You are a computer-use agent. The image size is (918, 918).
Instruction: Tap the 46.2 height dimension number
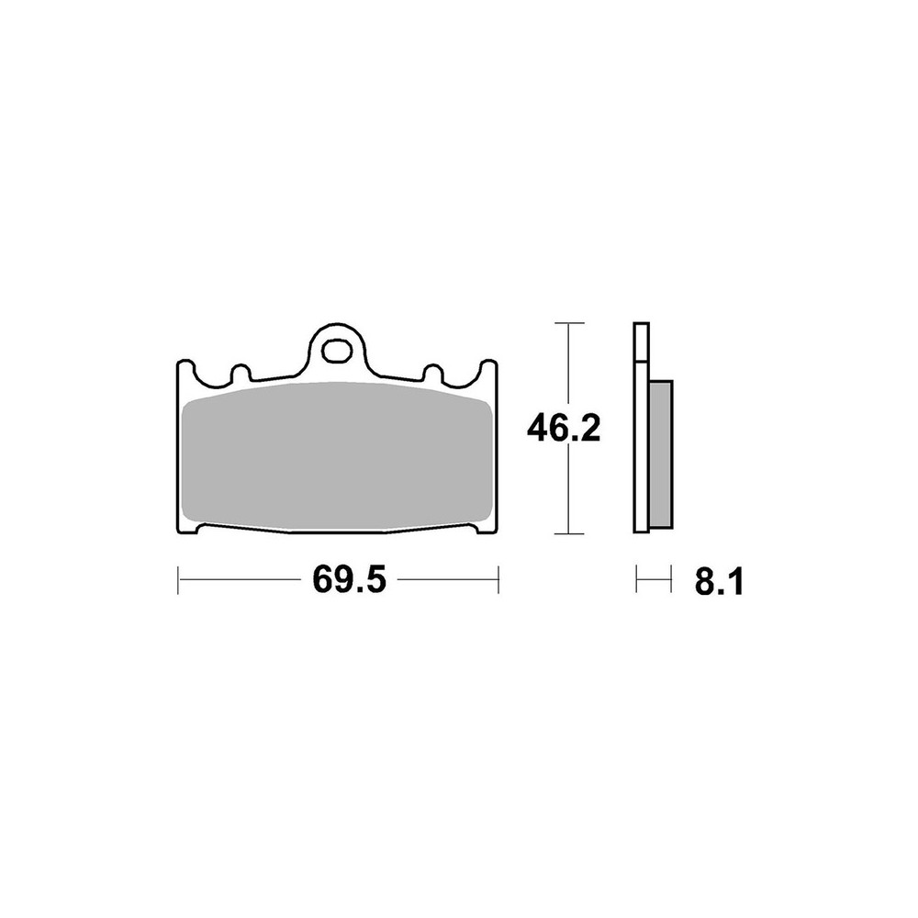[x=564, y=429]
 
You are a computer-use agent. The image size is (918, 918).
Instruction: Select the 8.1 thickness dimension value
[x=719, y=583]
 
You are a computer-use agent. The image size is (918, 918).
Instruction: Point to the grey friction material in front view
[x=337, y=454]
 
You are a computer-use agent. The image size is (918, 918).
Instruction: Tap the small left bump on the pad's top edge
[x=241, y=373]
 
